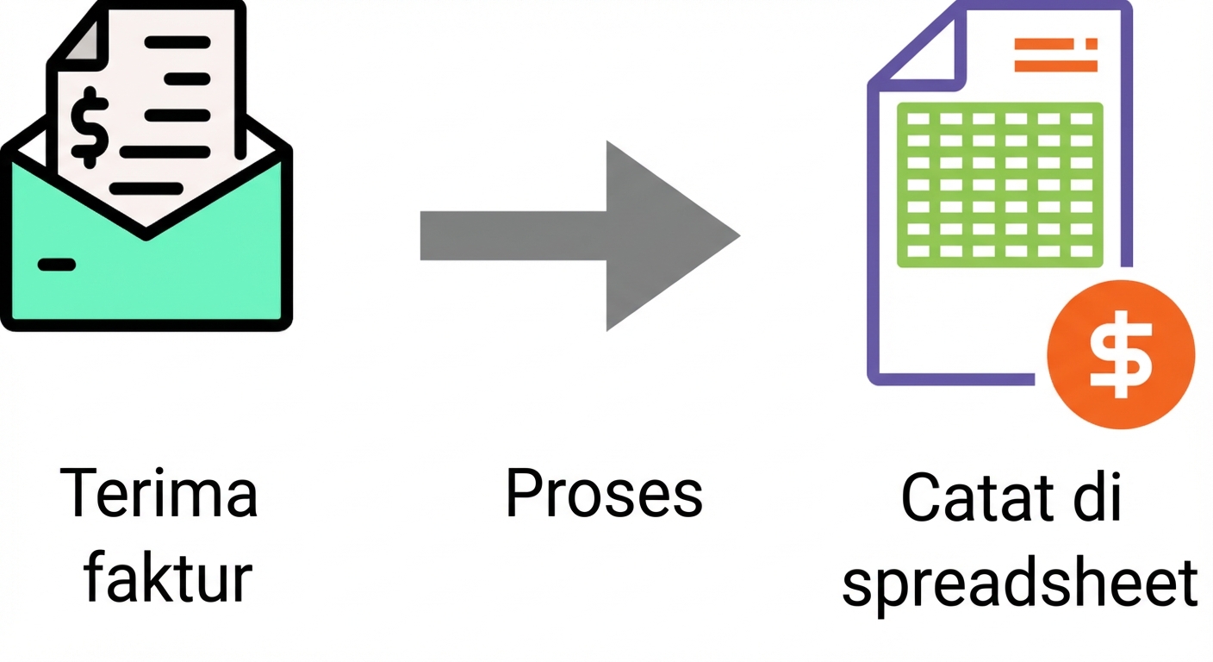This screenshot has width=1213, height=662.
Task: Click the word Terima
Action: [159, 493]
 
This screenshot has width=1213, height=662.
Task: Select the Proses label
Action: [604, 495]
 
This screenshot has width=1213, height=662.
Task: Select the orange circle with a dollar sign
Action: [1120, 354]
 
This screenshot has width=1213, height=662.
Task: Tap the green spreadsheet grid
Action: [1000, 184]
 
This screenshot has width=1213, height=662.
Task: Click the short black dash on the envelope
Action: [57, 265]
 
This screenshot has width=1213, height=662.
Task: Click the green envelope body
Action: [146, 276]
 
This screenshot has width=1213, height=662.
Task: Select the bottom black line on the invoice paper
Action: [151, 188]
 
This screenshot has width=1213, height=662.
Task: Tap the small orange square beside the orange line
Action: [1092, 43]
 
